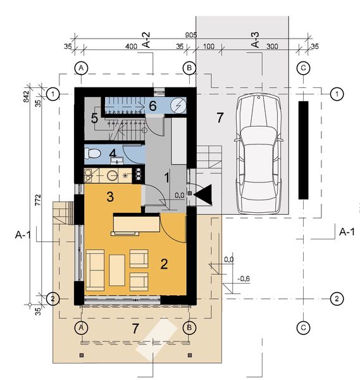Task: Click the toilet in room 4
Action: pyautogui.click(x=92, y=154)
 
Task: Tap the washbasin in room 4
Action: pyautogui.click(x=117, y=161)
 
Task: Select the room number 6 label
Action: pyautogui.click(x=152, y=106)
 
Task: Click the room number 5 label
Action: pyautogui.click(x=94, y=118)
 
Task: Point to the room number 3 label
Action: pyautogui.click(x=110, y=196)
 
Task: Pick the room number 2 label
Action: pyautogui.click(x=164, y=264)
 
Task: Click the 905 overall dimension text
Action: pyautogui.click(x=191, y=35)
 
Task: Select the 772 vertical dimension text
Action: pyautogui.click(x=38, y=200)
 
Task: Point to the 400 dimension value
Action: pyautogui.click(x=131, y=46)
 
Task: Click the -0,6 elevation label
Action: pyautogui.click(x=244, y=279)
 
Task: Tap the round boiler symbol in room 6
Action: pyautogui.click(x=178, y=106)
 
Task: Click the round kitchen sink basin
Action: pyautogui.click(x=113, y=175)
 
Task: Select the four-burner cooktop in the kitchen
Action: pyautogui.click(x=138, y=175)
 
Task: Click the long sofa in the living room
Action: pyautogui.click(x=95, y=270)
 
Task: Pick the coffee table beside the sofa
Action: pyautogui.click(x=117, y=270)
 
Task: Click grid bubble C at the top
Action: pyautogui.click(x=303, y=68)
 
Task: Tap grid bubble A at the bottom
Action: pyautogui.click(x=81, y=327)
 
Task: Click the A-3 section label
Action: pyautogui.click(x=255, y=40)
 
